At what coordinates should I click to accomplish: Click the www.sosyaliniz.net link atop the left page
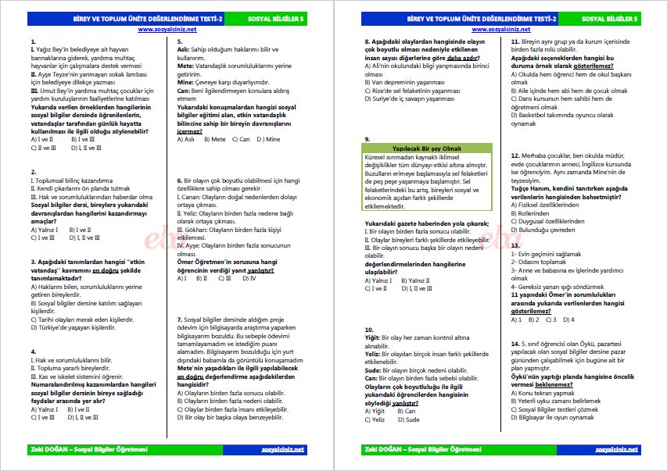click(x=167, y=29)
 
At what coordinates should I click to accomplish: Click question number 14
click(x=515, y=343)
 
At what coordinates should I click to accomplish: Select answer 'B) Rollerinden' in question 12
click(x=536, y=213)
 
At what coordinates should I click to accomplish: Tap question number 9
click(x=368, y=138)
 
